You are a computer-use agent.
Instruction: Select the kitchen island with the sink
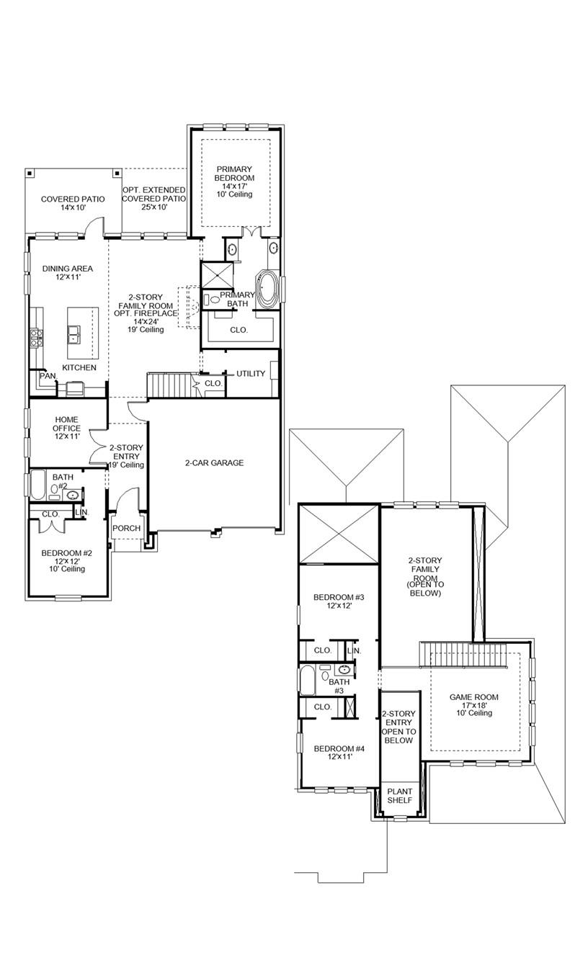82,333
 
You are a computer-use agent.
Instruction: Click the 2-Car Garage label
214,463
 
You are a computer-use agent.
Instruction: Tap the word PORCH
127,529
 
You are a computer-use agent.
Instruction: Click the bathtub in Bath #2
37,485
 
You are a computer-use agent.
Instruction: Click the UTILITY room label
251,374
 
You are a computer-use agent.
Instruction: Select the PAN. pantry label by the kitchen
48,376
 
